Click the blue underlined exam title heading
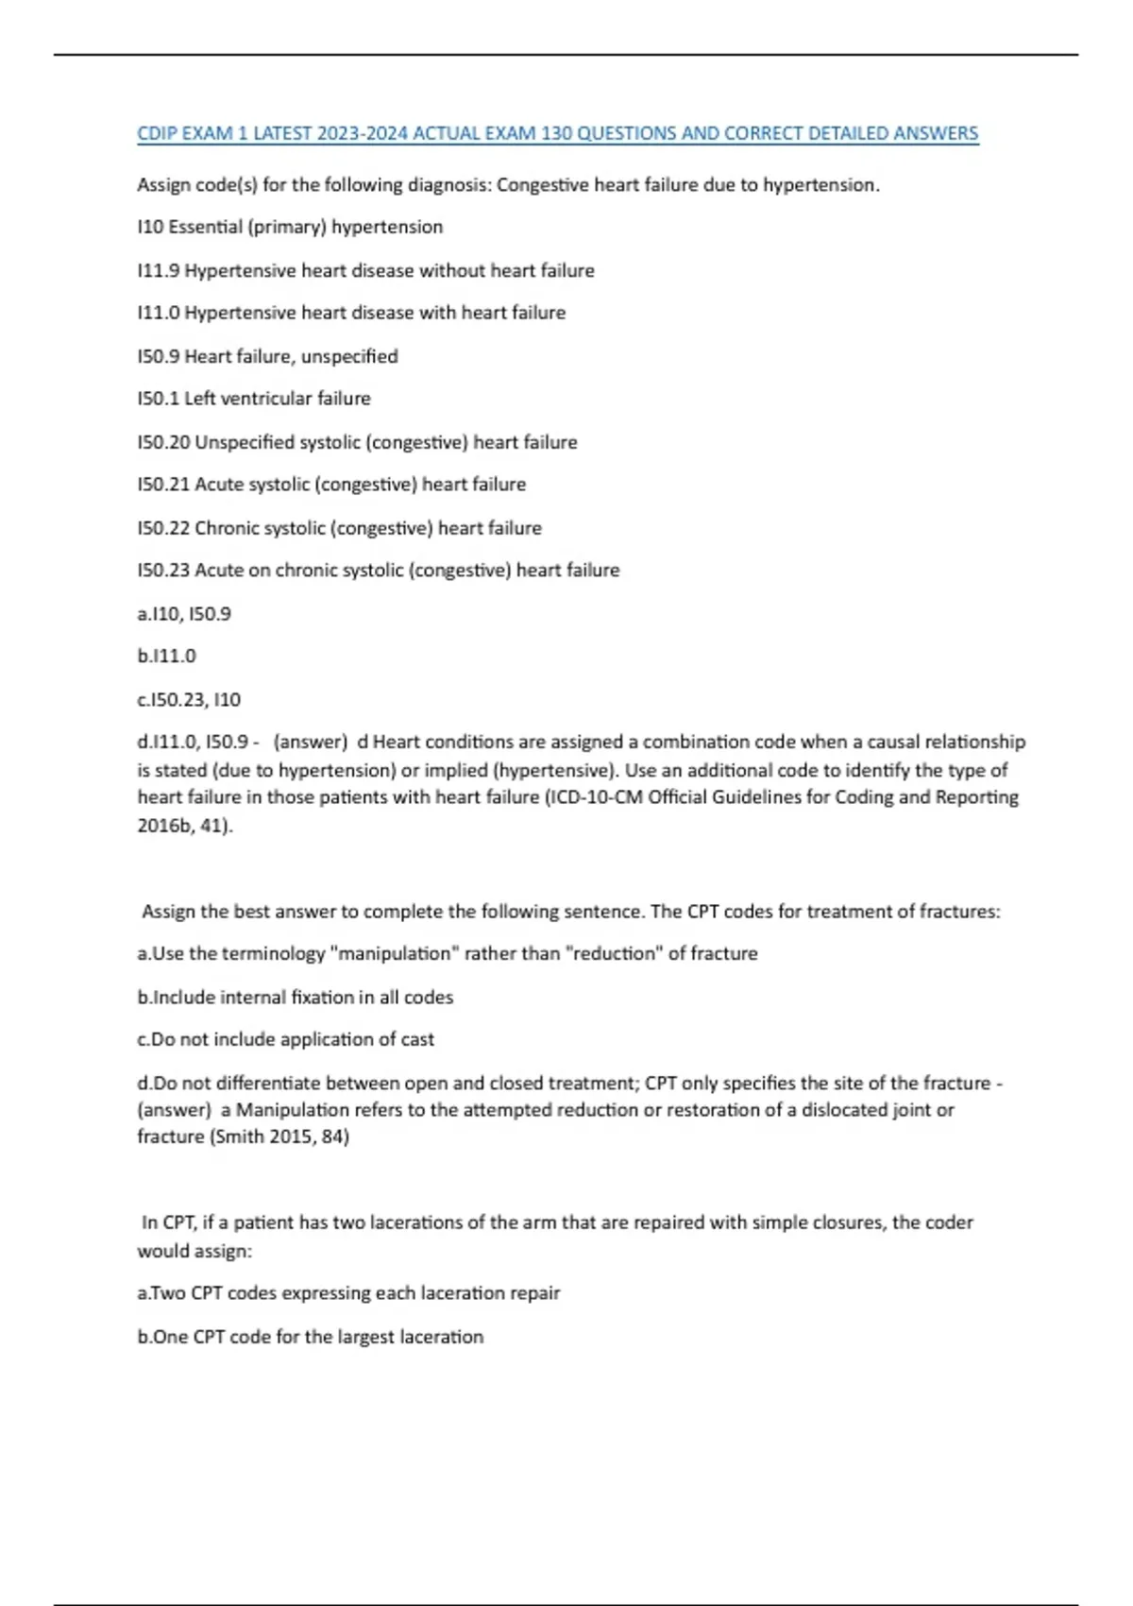(x=557, y=133)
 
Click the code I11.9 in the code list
(x=159, y=271)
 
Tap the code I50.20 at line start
(x=163, y=442)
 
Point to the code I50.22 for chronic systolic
(x=163, y=528)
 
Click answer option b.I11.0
(x=167, y=656)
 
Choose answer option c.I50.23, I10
(x=189, y=700)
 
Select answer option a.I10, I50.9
(x=184, y=614)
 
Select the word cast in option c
(x=417, y=1039)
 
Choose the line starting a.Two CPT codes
(x=348, y=1292)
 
